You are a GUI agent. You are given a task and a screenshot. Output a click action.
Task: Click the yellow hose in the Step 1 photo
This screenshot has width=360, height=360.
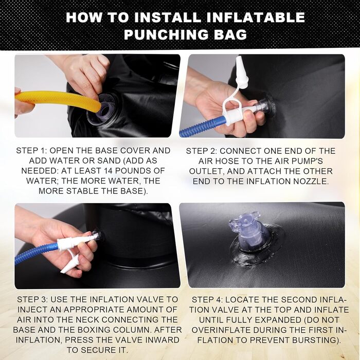tap(58, 100)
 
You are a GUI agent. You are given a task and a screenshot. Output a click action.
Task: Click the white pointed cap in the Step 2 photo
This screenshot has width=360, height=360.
tap(241, 73)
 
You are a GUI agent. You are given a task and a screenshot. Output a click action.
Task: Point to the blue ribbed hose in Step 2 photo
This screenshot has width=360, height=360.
tap(202, 127)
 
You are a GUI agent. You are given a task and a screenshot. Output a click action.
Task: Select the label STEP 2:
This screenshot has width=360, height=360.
tap(202, 151)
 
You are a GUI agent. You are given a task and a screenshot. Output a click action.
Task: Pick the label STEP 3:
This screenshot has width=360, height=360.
tap(32, 300)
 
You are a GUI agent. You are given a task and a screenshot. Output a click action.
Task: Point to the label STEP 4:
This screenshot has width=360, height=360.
tap(207, 300)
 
